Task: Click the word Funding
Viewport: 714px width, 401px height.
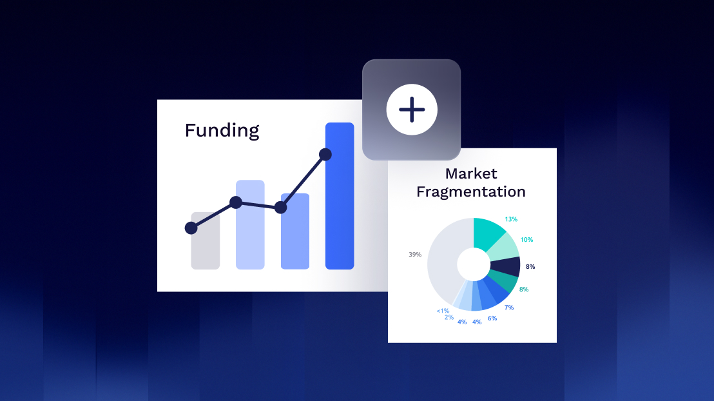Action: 222,131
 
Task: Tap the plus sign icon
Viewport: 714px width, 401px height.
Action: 412,110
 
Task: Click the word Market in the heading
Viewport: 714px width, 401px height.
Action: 471,173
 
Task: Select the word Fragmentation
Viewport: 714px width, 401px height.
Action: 471,192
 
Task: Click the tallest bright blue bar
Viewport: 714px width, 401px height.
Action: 340,196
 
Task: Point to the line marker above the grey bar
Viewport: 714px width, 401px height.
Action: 191,228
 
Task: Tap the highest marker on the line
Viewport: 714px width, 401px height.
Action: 325,155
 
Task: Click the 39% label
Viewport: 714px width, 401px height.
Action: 415,254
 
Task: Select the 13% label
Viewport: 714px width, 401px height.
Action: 511,219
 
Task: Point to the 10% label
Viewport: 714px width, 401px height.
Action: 526,240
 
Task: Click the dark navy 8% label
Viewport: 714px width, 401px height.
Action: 530,266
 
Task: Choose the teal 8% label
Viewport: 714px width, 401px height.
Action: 524,289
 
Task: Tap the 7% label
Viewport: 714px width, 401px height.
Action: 508,308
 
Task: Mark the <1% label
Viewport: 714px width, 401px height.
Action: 443,311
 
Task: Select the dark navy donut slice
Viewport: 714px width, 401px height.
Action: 505,266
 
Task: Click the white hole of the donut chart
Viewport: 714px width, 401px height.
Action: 474,264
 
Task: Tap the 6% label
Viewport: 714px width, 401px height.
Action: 492,318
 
